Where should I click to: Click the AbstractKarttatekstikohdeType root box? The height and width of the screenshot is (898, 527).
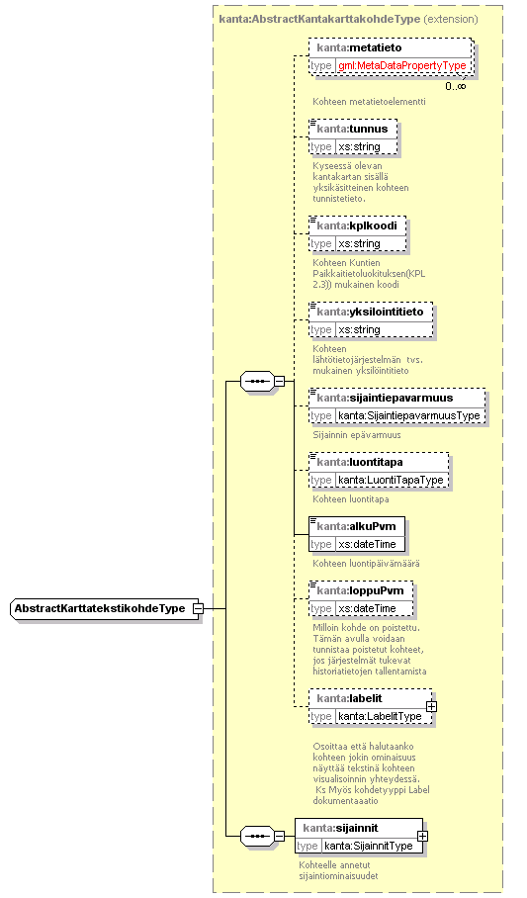(x=104, y=608)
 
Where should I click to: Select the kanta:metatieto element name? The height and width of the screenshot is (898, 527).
(x=359, y=47)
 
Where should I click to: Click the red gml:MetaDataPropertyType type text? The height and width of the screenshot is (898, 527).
(x=402, y=66)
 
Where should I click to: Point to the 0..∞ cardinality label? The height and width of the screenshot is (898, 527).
(x=456, y=86)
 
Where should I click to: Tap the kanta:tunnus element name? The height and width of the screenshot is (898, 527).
(x=352, y=129)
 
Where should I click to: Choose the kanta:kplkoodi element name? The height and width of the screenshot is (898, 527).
(x=357, y=225)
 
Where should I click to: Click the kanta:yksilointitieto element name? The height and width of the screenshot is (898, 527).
(x=370, y=312)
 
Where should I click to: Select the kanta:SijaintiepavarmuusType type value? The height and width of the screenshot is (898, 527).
(x=409, y=415)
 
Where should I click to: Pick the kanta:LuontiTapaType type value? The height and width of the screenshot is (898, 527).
(x=391, y=480)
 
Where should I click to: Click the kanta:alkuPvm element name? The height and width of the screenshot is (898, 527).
(x=356, y=526)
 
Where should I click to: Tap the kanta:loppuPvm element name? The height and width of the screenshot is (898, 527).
(x=360, y=590)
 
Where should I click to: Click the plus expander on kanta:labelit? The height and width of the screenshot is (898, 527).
(x=431, y=707)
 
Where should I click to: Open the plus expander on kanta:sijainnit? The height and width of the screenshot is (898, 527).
(x=422, y=836)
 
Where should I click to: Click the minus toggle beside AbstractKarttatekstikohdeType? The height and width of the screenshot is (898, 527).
(x=198, y=608)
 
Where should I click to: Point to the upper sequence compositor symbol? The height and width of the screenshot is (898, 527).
(x=257, y=381)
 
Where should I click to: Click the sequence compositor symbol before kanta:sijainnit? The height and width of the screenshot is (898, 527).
(x=257, y=837)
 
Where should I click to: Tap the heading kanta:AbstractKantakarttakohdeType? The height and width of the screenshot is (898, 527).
(x=319, y=19)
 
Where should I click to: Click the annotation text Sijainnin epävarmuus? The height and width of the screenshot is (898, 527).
(x=357, y=435)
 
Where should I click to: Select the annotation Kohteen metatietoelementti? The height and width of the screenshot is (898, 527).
(x=369, y=101)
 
